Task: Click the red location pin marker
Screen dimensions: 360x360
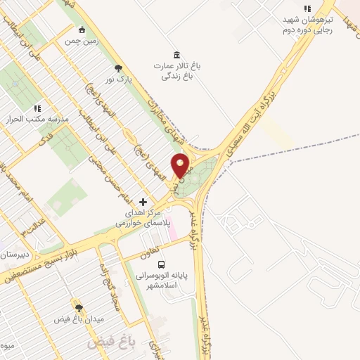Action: coord(181,165)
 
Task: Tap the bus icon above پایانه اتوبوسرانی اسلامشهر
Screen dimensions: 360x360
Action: coord(162,265)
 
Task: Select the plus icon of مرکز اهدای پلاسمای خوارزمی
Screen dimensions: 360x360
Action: coord(143,202)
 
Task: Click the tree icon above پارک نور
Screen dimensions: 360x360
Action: coord(118,68)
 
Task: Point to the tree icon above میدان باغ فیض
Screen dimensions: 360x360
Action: coord(79,308)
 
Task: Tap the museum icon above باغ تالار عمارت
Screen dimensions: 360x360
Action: coord(176,55)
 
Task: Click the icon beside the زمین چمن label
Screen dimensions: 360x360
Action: coord(82,30)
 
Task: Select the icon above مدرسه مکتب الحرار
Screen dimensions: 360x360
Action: coord(37,109)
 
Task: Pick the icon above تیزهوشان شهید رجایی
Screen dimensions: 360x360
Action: coord(306,8)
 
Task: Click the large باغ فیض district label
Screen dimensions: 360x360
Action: coord(110,343)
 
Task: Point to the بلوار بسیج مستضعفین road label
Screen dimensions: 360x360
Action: coord(46,261)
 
